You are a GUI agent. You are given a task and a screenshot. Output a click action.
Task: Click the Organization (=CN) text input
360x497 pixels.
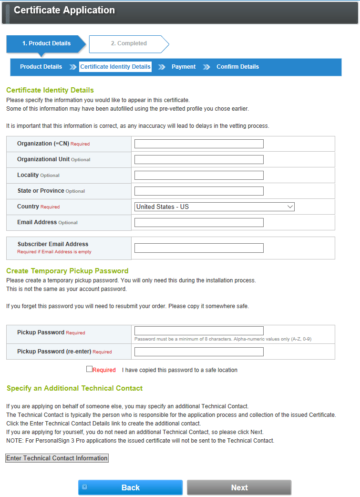point(199,144)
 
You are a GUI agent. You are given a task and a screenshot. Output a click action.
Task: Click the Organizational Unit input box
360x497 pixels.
point(199,159)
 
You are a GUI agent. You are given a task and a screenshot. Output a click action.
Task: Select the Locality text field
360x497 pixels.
point(199,175)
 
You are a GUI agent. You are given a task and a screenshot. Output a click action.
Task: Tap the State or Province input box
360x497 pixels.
point(199,191)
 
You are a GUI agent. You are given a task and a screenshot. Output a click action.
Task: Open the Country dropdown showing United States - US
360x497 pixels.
point(215,207)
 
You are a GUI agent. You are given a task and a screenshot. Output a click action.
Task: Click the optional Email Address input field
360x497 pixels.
point(199,222)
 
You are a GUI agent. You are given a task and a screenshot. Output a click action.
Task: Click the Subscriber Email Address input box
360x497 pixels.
point(199,248)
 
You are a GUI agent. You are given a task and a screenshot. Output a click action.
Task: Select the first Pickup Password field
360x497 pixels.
point(199,331)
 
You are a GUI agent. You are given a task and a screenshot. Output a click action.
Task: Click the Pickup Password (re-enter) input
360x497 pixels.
point(199,352)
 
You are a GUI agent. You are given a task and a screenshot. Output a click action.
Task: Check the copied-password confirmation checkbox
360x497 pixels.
point(89,369)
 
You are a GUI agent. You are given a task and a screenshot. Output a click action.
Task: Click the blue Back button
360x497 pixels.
point(130,487)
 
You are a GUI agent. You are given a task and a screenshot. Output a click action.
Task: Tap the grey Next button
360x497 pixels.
point(239,487)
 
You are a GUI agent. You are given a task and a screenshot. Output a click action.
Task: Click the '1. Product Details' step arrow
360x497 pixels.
point(46,43)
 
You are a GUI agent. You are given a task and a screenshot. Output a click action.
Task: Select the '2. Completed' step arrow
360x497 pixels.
point(129,43)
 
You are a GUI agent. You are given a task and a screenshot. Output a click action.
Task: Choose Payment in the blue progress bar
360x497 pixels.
point(184,67)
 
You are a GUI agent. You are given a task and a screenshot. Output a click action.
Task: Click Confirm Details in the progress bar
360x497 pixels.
point(237,67)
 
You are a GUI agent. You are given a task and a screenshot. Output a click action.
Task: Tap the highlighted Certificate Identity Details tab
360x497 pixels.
point(115,67)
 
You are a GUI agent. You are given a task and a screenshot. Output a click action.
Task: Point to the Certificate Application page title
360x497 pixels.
point(64,10)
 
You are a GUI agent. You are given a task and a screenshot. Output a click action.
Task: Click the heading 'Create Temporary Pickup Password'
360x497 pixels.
point(67,271)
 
